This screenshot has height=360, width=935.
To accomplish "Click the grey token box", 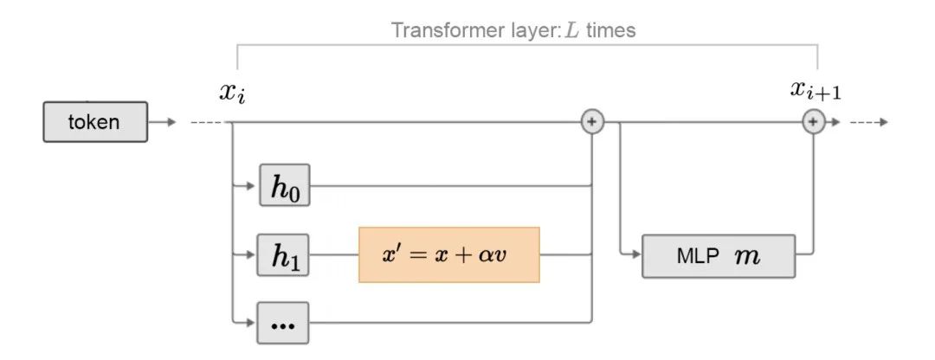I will coord(94,122).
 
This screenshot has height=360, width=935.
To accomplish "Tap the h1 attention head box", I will coord(284,255).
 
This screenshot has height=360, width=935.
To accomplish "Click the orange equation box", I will coord(448,255).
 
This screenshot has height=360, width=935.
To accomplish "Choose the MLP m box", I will coord(718,255).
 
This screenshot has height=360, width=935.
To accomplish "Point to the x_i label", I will coord(232,91).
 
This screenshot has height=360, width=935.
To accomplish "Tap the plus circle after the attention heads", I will coord(591,122).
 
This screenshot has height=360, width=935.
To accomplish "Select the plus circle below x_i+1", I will coord(812,122).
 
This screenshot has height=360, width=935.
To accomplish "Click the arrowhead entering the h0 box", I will coord(253,184).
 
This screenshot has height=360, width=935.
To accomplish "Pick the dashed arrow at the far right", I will coord(868,122).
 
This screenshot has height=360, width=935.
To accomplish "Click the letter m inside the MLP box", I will coord(745,256).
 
